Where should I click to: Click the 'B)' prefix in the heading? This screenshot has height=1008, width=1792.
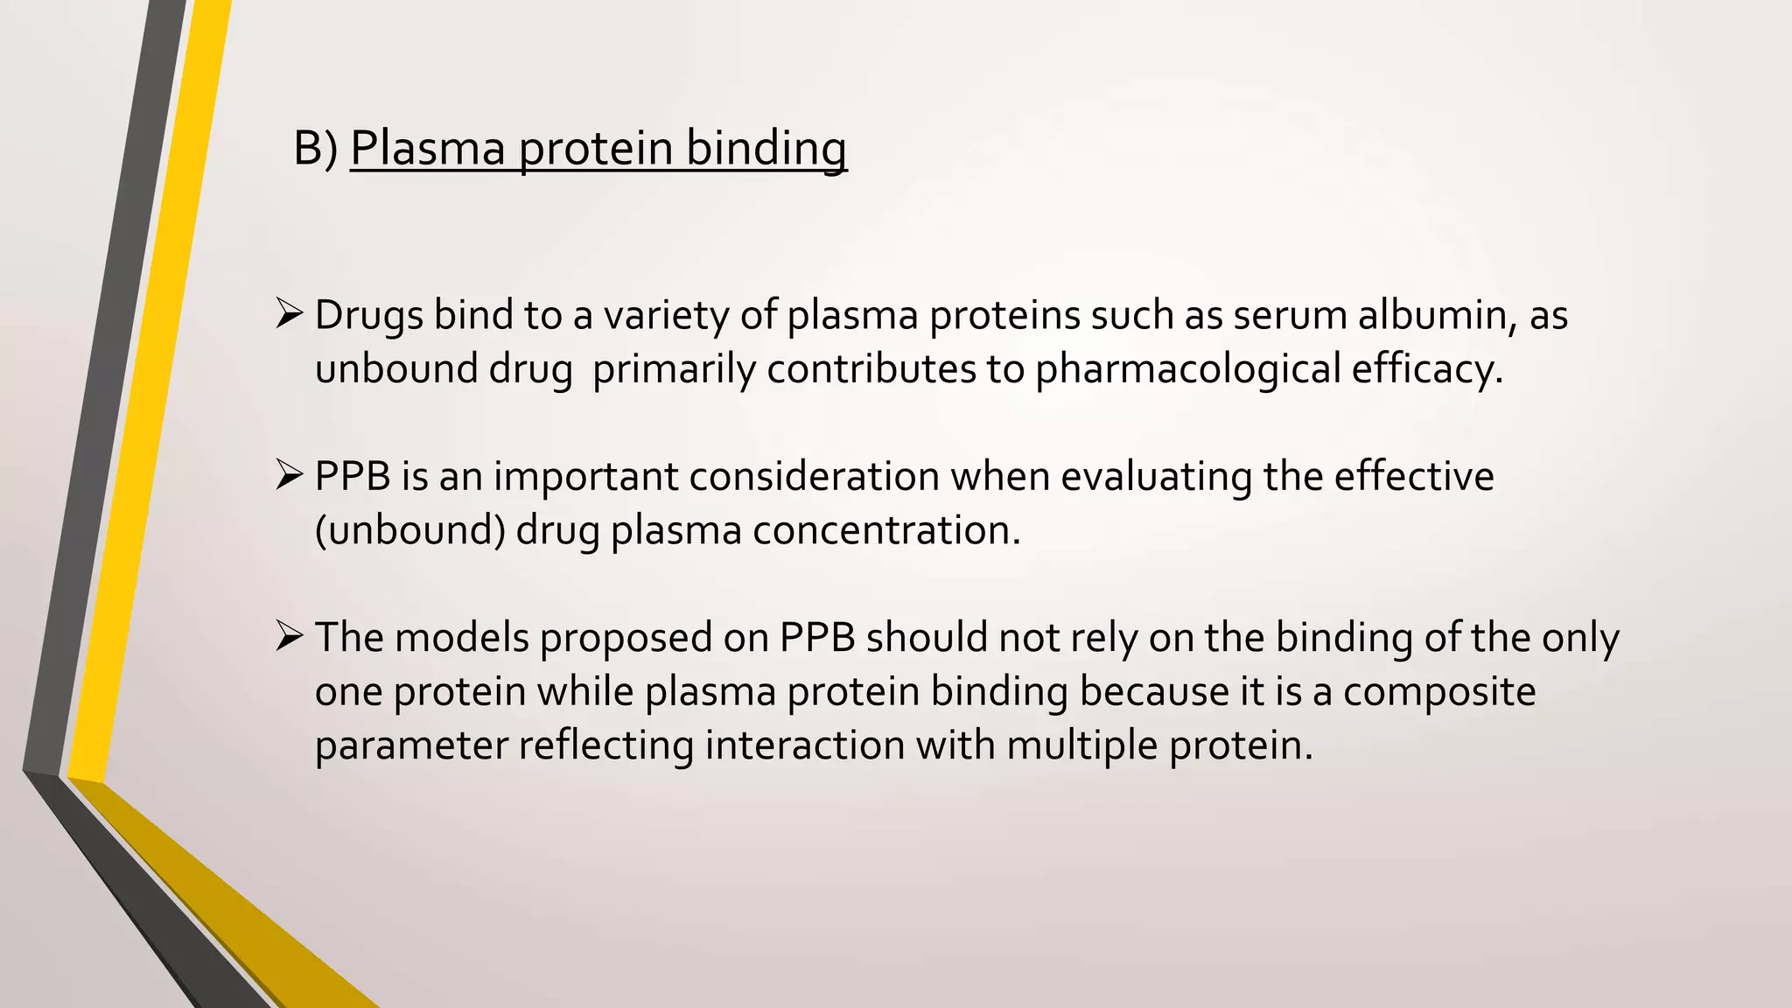click(315, 149)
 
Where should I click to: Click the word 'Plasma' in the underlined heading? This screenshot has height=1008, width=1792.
click(428, 149)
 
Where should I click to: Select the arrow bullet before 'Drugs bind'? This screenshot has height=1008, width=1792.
click(288, 313)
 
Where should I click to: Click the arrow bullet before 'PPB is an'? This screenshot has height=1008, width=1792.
click(288, 475)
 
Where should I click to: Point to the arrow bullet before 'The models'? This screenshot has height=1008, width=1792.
click(288, 636)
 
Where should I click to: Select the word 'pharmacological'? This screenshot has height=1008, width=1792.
click(1187, 369)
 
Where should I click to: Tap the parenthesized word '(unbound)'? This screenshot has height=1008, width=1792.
click(409, 531)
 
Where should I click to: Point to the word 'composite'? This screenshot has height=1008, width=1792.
click(1439, 692)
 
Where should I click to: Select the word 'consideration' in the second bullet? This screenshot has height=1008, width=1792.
click(814, 478)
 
